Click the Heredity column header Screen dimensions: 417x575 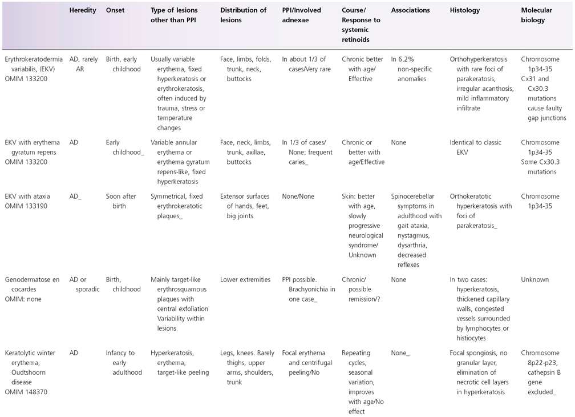pyautogui.click(x=82, y=10)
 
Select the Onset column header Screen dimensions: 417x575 pyautogui.click(x=115, y=10)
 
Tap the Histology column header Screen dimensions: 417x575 pyautogui.click(x=464, y=10)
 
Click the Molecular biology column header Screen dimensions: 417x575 pyautogui.click(x=533, y=15)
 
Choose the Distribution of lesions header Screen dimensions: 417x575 pyautogui.click(x=243, y=15)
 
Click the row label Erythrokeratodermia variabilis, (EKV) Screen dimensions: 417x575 pyautogui.click(x=34, y=64)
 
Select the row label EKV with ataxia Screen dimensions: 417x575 pyautogui.click(x=28, y=197)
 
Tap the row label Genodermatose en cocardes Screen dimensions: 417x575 pyautogui.click(x=32, y=279)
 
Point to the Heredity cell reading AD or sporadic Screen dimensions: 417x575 pyautogui.click(x=84, y=284)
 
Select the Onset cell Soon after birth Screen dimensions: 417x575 pyautogui.click(x=121, y=201)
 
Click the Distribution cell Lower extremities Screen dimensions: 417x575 pyautogui.click(x=245, y=279)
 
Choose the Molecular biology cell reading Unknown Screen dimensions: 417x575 pyautogui.click(x=534, y=279)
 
